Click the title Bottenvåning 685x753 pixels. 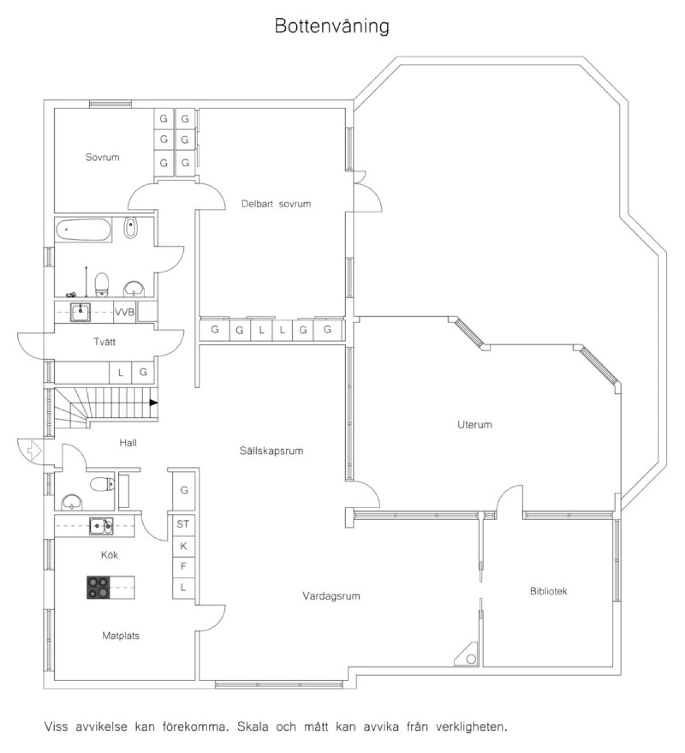point(332,27)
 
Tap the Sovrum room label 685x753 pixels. point(102,157)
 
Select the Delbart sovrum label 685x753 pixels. point(276,204)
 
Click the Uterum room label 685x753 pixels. point(474,425)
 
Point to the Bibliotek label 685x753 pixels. point(548,591)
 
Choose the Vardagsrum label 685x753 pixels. point(331,595)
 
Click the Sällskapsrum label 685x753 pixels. point(271,450)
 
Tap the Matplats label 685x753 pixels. point(120,635)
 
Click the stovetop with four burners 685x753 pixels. point(98,587)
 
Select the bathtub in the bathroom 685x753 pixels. point(83,229)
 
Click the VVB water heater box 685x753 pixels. point(124,312)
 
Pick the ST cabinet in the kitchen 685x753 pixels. point(183,525)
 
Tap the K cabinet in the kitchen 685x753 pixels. point(183,546)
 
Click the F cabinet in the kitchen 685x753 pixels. point(183,567)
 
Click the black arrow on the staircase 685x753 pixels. point(153,403)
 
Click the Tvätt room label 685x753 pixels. point(104,342)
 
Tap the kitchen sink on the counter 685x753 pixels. point(100,526)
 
